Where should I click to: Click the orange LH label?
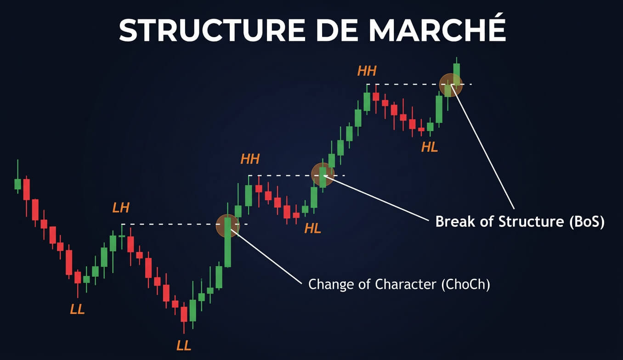pyautogui.click(x=121, y=208)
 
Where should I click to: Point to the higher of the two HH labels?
pyautogui.click(x=367, y=71)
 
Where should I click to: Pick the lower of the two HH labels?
pyautogui.click(x=250, y=159)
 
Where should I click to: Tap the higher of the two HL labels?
pyautogui.click(x=430, y=147)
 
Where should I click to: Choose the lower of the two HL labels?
pyautogui.click(x=313, y=228)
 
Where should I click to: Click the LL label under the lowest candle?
pyautogui.click(x=184, y=345)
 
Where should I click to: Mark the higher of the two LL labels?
pyautogui.click(x=77, y=309)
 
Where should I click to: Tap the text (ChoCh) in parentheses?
pyautogui.click(x=465, y=285)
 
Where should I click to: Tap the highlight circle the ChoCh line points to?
pyautogui.click(x=228, y=225)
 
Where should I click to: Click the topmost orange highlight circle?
pyautogui.click(x=450, y=84)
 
